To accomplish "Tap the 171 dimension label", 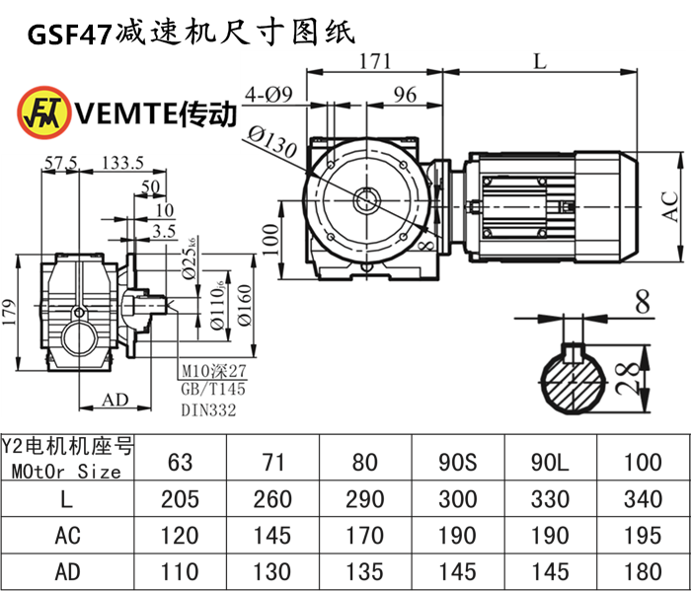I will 373,61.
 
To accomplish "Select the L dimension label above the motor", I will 538,61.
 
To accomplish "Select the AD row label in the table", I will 66,570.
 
